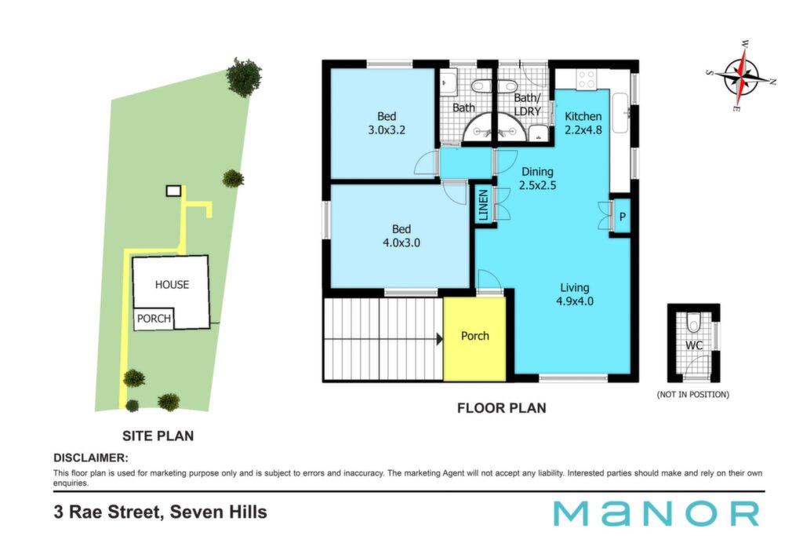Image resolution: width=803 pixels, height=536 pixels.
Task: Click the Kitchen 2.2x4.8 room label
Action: (583, 123)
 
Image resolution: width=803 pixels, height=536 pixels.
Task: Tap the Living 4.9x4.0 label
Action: (575, 294)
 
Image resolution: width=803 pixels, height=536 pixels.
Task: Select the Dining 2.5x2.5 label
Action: (537, 178)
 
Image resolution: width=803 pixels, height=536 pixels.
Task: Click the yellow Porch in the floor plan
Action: (474, 339)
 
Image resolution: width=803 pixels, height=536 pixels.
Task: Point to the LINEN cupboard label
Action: (483, 205)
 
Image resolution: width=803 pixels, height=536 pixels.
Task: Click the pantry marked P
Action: (622, 217)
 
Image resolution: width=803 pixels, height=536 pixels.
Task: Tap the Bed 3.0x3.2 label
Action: (387, 123)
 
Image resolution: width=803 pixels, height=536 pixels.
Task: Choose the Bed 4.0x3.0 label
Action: (401, 235)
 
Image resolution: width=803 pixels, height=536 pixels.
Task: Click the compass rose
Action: (741, 76)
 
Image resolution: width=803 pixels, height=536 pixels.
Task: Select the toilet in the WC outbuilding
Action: (693, 322)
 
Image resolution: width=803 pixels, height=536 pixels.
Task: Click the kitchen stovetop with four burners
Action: (587, 79)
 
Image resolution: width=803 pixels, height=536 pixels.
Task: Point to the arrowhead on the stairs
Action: (439, 339)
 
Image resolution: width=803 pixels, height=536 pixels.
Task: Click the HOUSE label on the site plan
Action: (172, 284)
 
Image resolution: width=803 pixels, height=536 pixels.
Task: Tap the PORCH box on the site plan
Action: (154, 319)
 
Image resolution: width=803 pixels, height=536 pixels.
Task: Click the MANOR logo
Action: (656, 513)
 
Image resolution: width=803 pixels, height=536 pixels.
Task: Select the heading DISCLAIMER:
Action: (91, 458)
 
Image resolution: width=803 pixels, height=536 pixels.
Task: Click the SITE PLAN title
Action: (158, 436)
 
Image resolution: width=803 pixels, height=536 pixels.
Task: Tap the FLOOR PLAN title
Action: (501, 408)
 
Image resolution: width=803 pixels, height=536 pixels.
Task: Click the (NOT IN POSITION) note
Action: (693, 395)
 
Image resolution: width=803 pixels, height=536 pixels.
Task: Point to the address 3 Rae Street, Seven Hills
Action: (160, 512)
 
